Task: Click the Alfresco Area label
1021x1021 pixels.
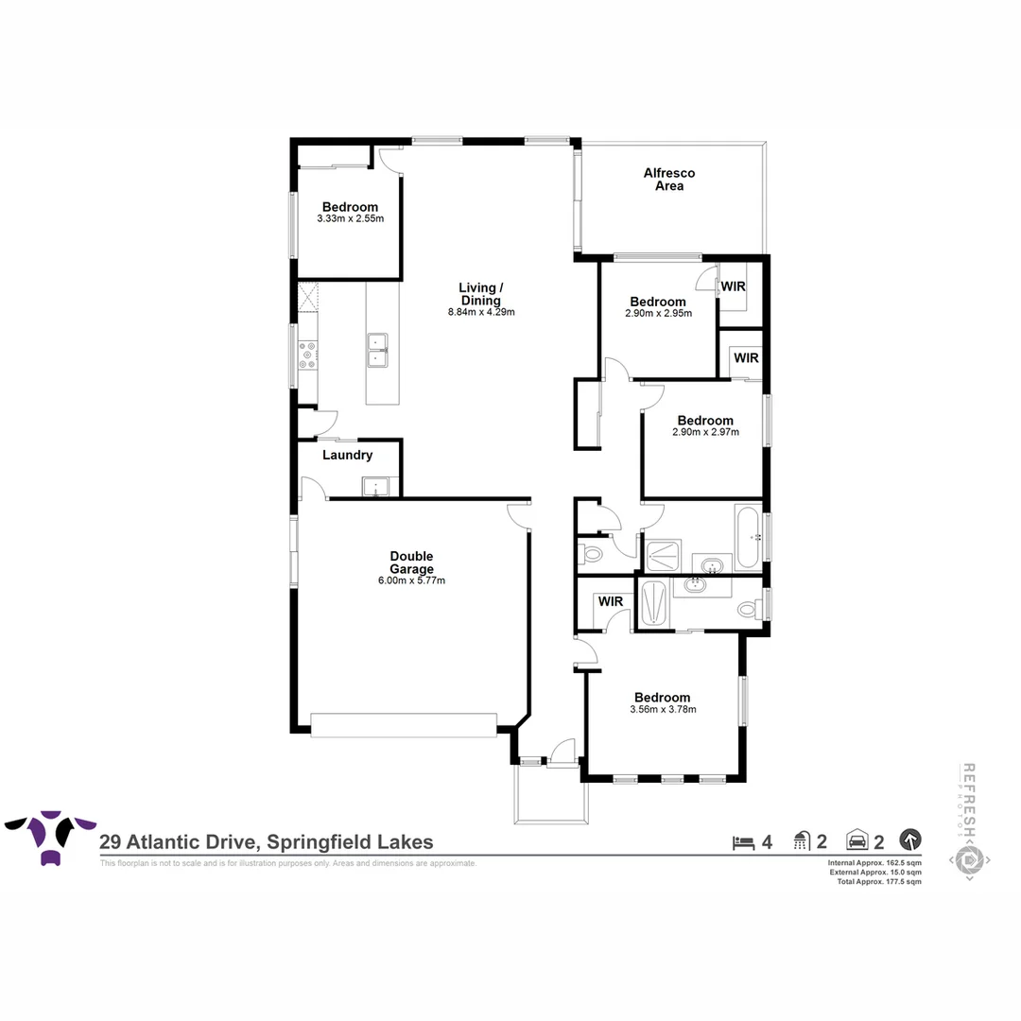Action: point(669,180)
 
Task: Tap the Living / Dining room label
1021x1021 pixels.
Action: point(481,294)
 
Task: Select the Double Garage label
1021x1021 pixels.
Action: point(412,562)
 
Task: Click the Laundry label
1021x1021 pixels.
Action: point(347,455)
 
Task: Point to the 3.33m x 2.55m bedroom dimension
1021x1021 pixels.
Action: point(350,218)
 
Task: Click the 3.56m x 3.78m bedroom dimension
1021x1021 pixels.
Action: point(662,709)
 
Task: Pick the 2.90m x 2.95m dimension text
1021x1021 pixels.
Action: point(658,313)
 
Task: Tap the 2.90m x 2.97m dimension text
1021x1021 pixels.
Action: point(704,432)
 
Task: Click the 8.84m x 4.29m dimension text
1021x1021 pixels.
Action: point(481,312)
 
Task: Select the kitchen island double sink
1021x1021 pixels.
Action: point(378,347)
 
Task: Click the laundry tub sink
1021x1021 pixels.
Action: point(375,488)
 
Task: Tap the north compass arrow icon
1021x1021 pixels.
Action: point(909,839)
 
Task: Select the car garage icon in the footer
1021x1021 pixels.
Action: point(857,839)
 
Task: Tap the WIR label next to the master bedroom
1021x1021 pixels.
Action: point(609,601)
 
